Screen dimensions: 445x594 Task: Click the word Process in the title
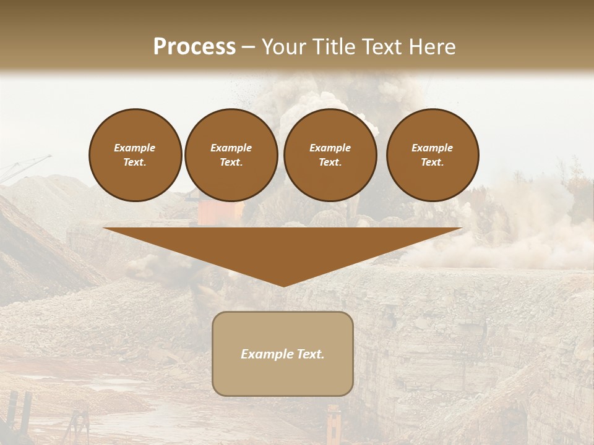194,47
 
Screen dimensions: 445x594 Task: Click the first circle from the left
136,155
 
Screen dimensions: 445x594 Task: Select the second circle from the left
231,155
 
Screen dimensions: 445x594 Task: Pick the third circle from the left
330,155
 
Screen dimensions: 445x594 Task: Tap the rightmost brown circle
433,155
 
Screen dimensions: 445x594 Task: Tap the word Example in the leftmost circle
135,148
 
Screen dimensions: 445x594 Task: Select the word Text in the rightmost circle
432,163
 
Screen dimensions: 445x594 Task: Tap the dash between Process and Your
249,47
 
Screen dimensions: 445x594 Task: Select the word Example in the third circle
330,148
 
